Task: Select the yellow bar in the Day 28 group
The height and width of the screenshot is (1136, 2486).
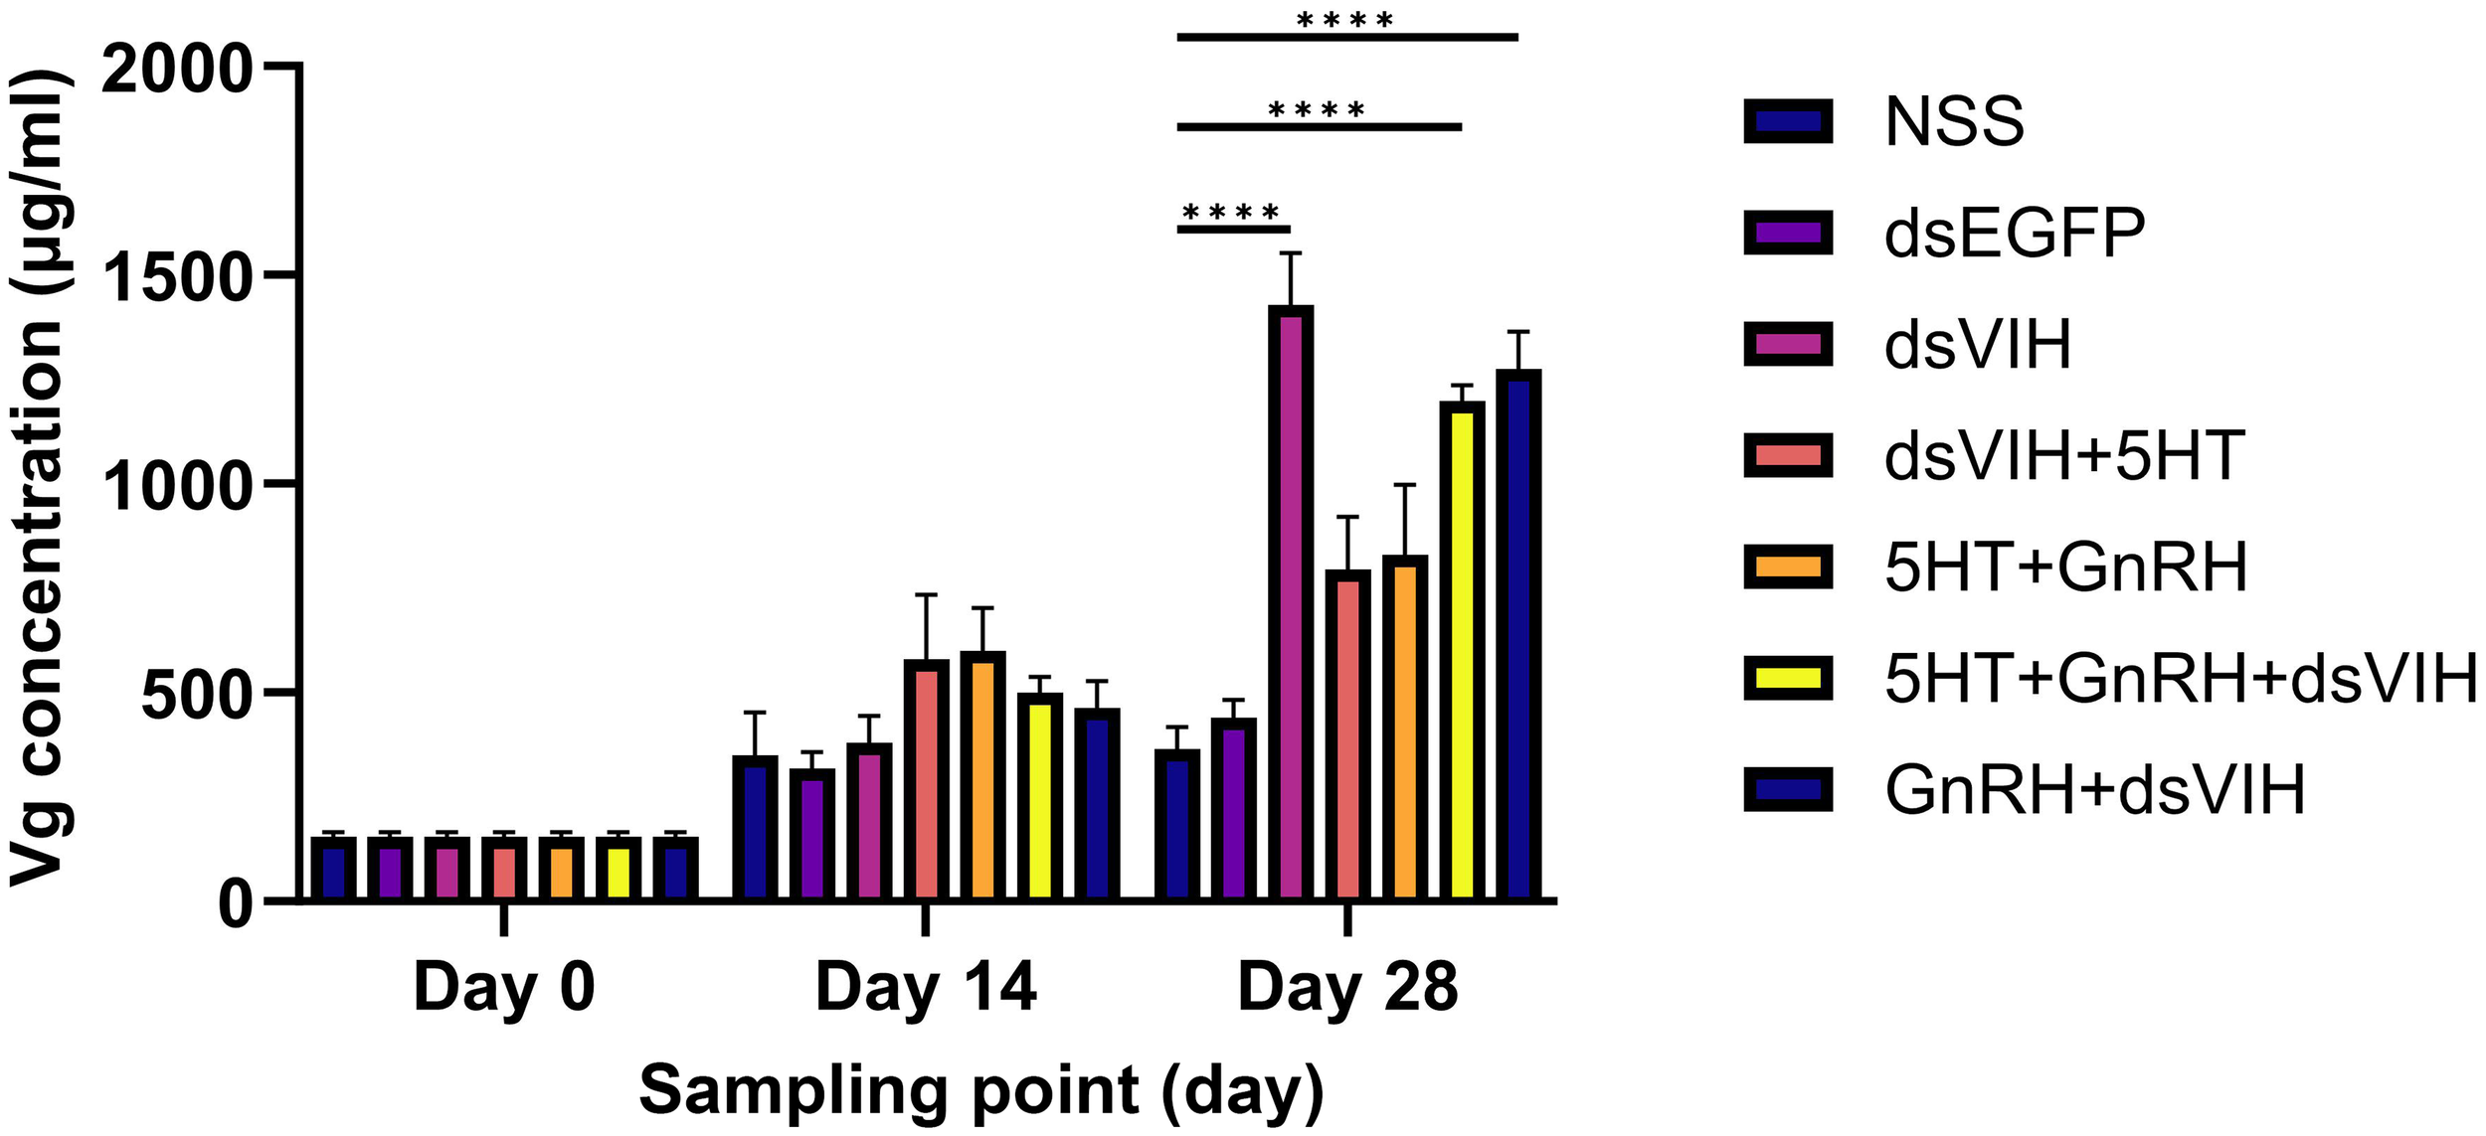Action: (1462, 652)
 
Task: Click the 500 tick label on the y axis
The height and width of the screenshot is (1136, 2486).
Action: (194, 695)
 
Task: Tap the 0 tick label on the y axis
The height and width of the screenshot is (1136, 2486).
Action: (235, 903)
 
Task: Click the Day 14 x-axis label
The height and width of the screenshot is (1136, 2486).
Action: (926, 987)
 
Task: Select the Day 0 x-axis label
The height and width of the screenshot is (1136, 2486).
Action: (504, 987)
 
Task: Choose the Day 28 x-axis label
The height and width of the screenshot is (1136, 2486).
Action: (1347, 987)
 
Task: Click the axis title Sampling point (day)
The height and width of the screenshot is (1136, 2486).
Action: (981, 1090)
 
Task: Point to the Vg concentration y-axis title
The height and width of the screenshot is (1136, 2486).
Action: (40, 477)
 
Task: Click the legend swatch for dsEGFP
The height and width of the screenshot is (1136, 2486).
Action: (1788, 234)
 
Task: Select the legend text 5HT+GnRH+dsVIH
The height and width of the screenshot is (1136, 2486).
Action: (2181, 680)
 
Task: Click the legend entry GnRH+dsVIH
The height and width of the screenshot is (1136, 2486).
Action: (2094, 791)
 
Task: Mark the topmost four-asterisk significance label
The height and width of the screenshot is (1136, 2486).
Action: (1345, 20)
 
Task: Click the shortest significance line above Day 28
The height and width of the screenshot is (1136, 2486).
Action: (1233, 230)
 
